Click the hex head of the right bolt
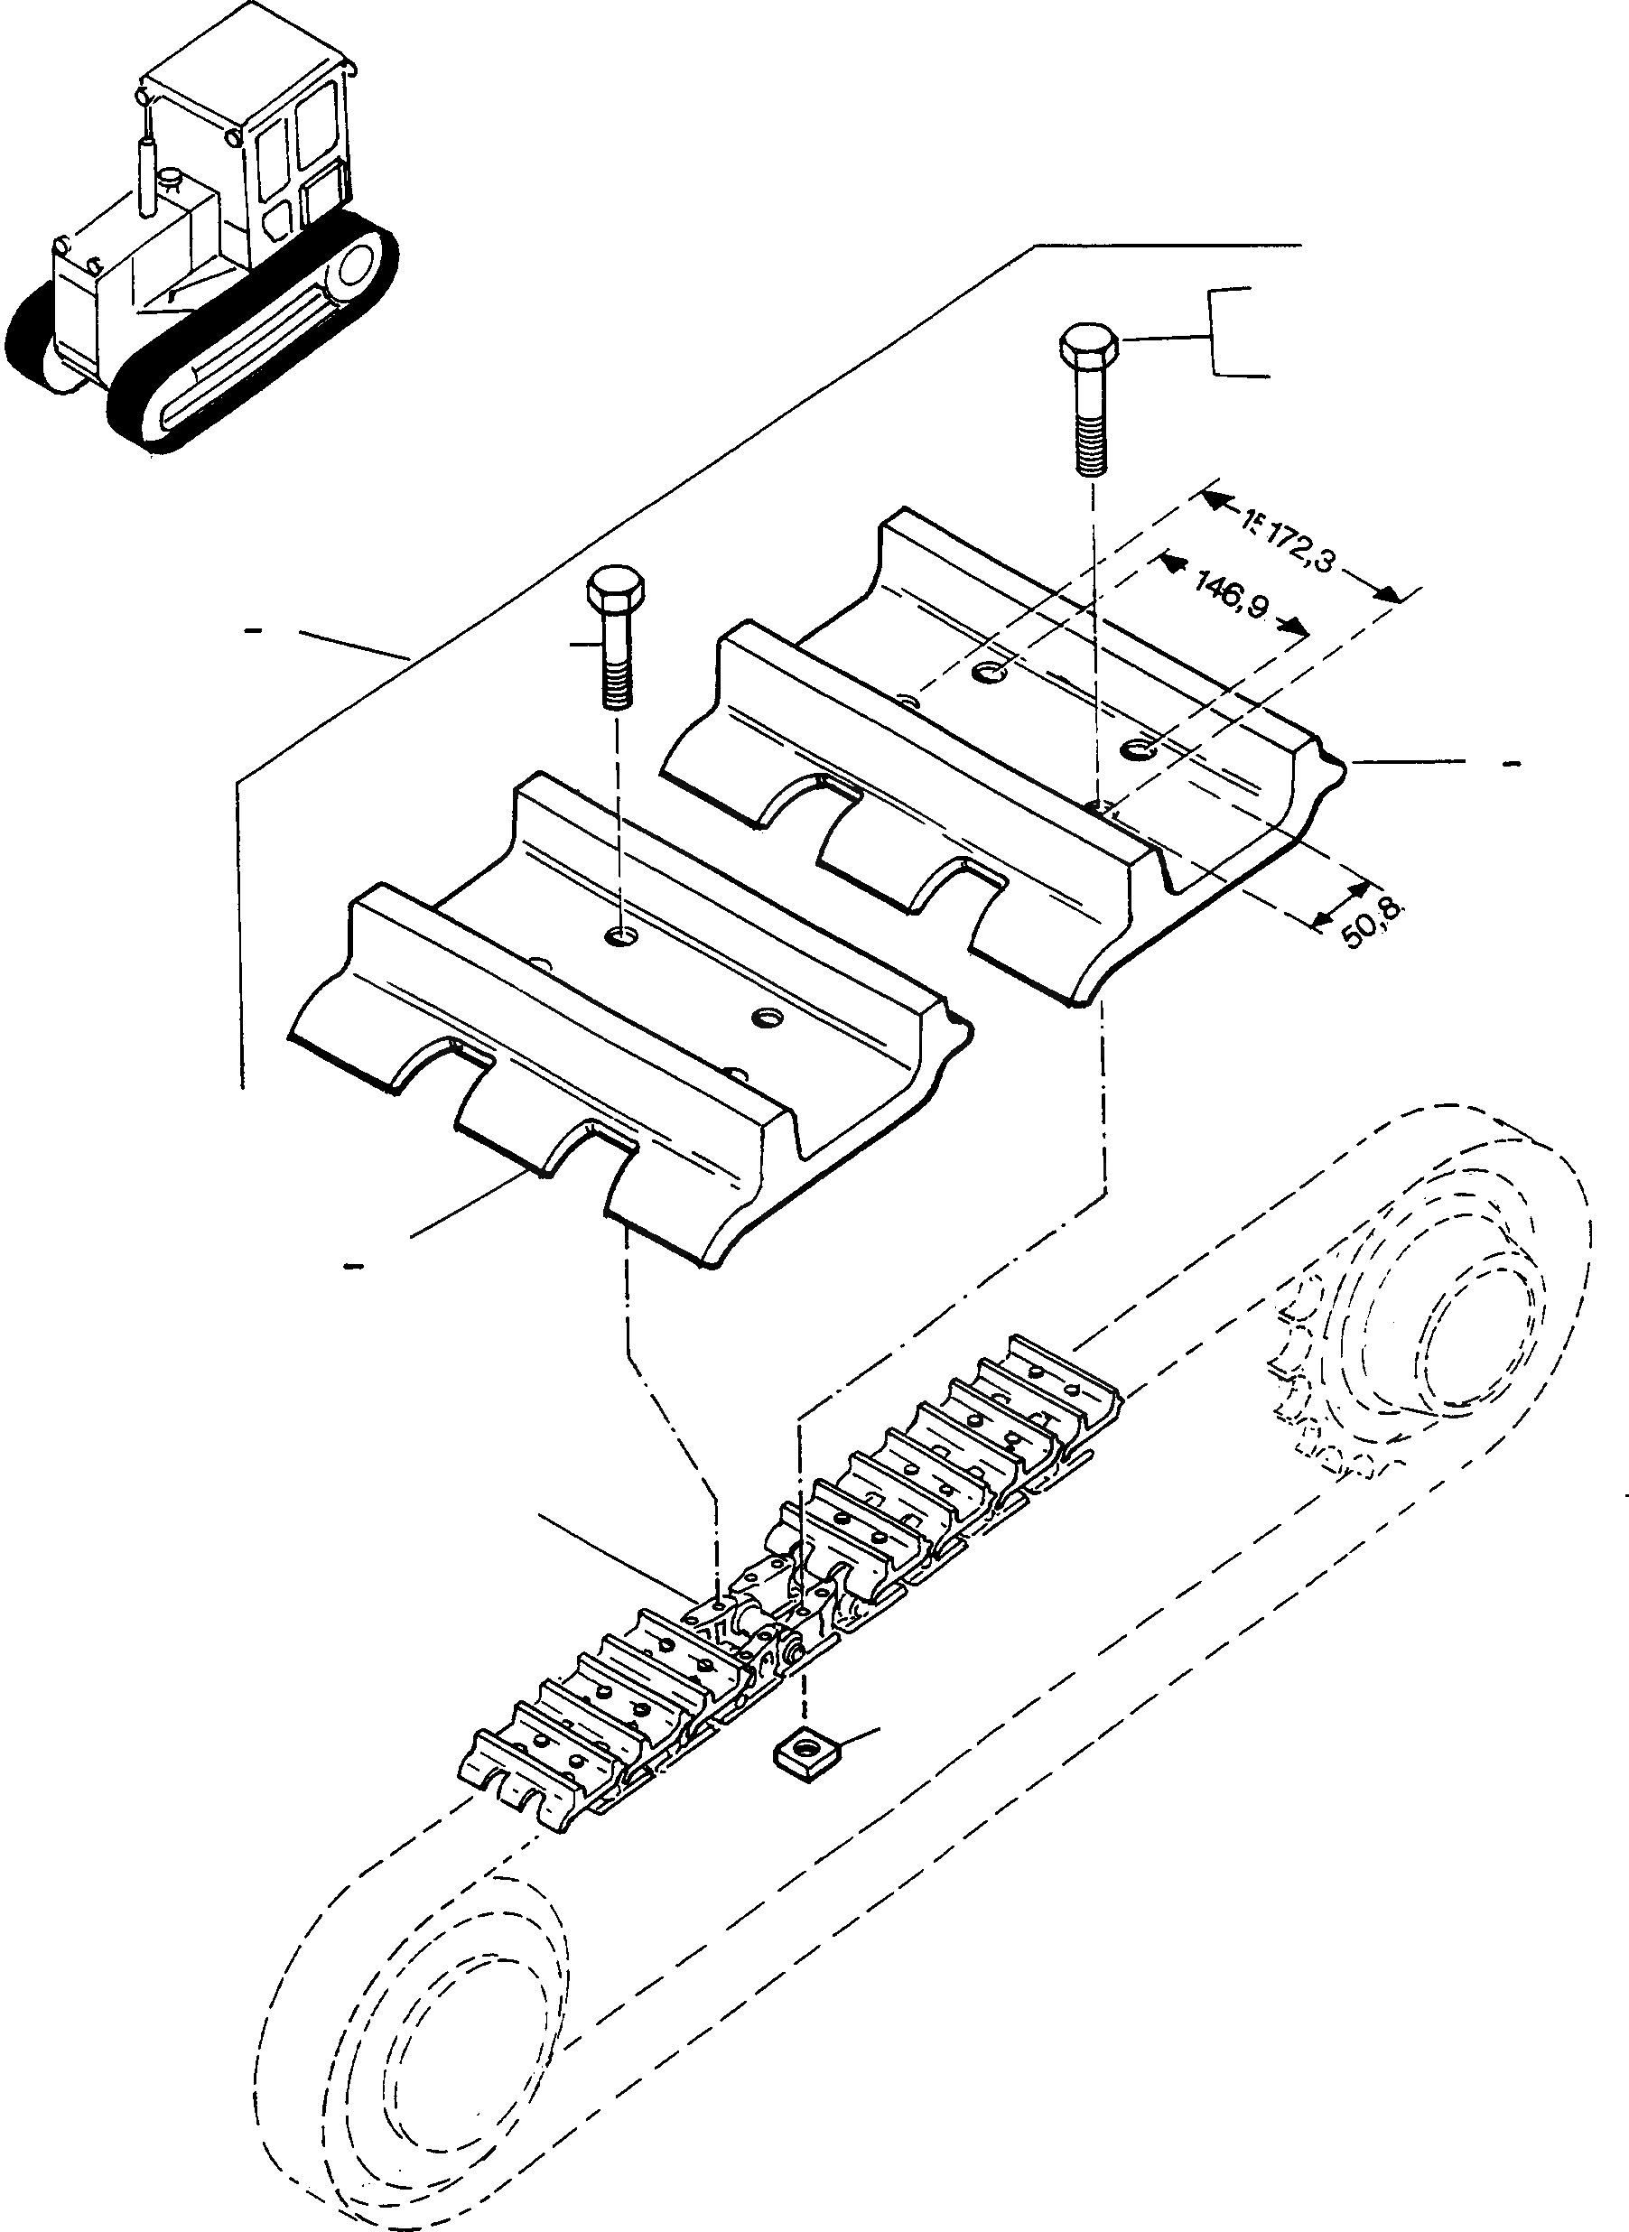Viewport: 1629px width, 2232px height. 1089,348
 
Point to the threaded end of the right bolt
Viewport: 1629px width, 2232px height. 1090,442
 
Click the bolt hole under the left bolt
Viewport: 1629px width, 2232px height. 623,934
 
